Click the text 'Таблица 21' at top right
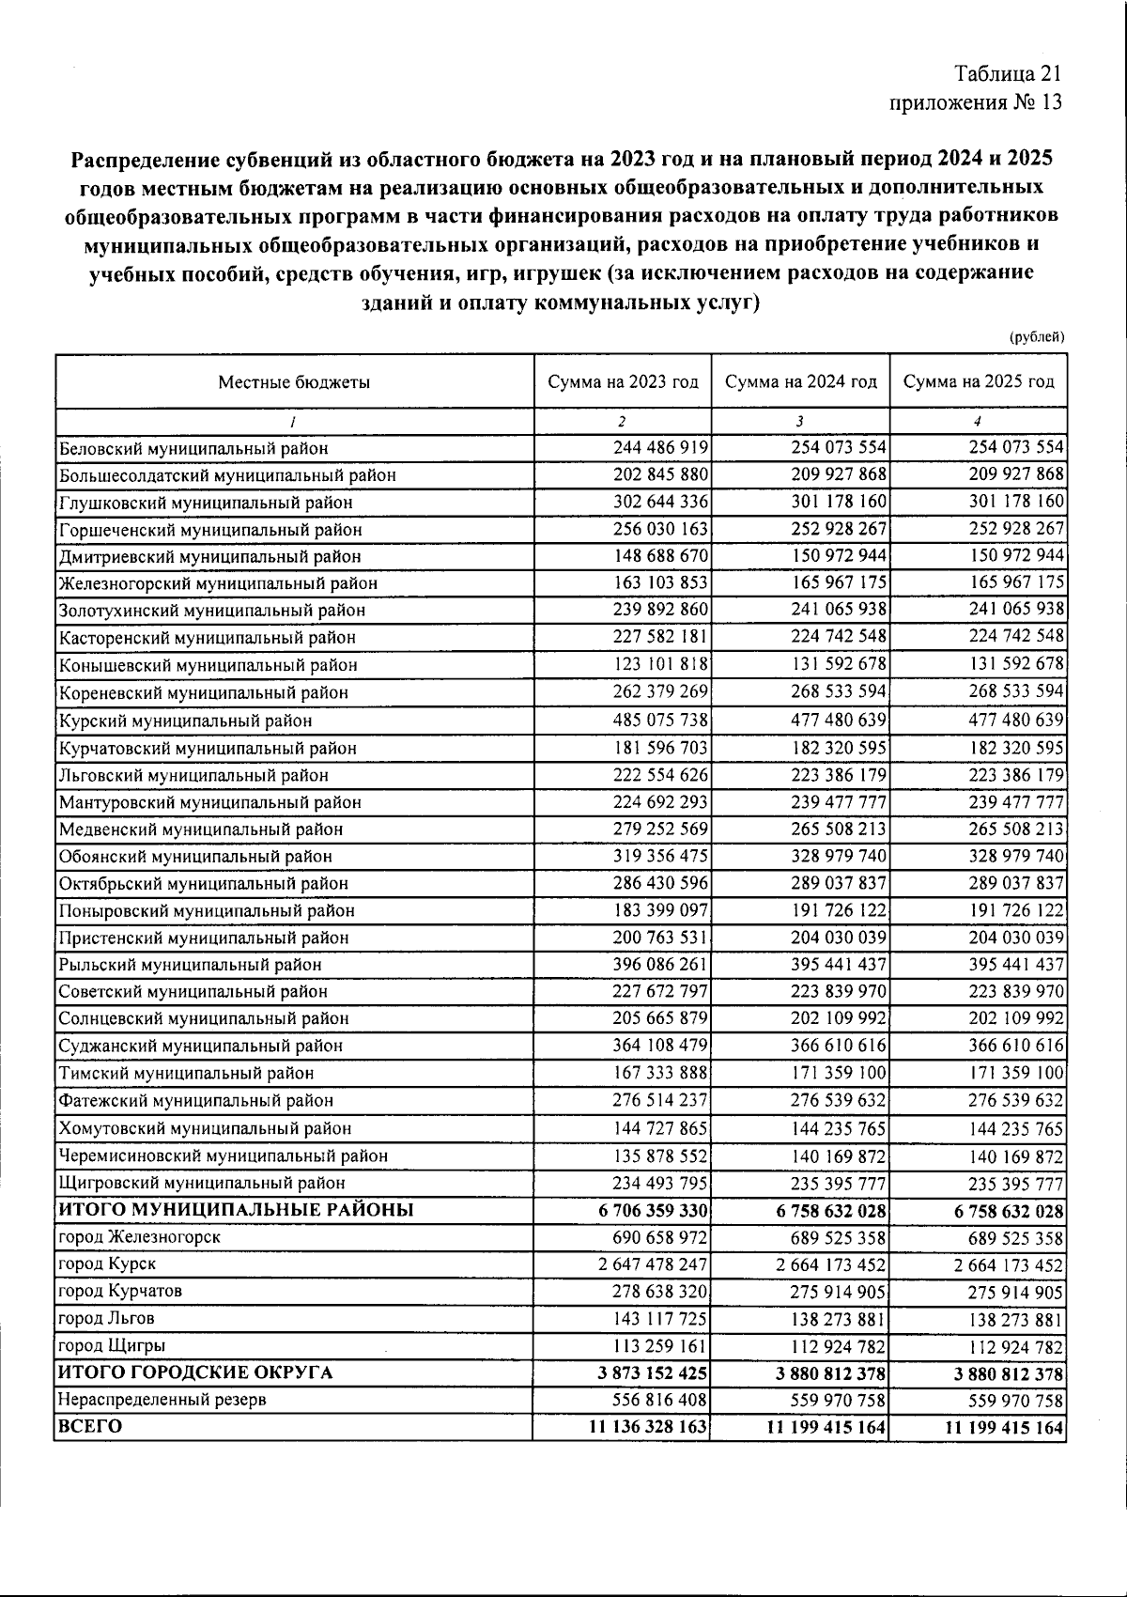[1008, 74]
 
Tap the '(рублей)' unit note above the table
[1037, 336]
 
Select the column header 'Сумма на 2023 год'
[624, 381]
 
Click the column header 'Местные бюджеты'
[294, 381]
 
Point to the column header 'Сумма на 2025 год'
[979, 381]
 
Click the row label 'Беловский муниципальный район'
[193, 449]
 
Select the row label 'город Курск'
[107, 1264]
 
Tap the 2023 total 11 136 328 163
[648, 1427]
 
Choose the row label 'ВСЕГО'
[90, 1426]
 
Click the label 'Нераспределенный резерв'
[162, 1400]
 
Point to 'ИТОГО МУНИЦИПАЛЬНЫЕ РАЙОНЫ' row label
[236, 1210]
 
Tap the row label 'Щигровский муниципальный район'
[202, 1184]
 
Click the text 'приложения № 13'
[975, 102]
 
